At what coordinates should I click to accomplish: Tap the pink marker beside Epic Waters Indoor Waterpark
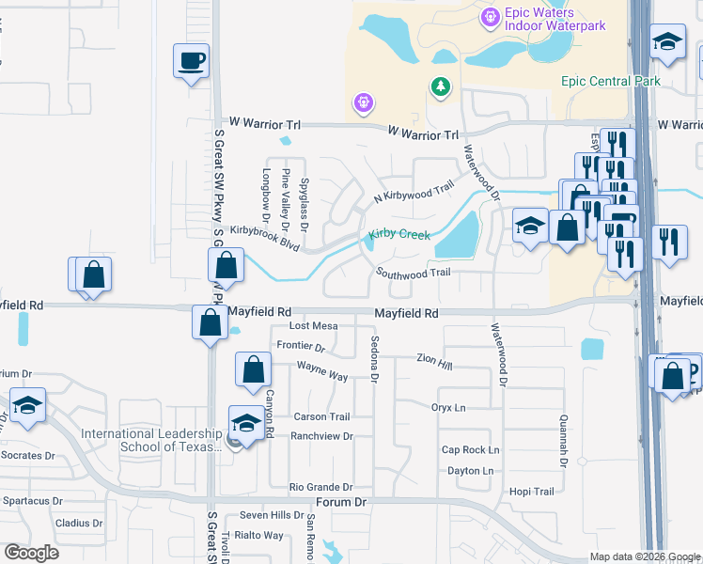coord(489,16)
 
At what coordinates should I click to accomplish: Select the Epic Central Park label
coord(611,81)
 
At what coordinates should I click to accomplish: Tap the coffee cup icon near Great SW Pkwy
coord(192,62)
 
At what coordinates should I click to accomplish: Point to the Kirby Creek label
coord(398,234)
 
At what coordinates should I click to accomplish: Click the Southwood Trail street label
coord(414,272)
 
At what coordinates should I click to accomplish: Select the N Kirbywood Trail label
coord(414,192)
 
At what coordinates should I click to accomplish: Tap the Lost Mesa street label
coord(313,325)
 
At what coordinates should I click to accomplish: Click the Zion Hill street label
coord(434,359)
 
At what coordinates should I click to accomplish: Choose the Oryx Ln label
coord(448,407)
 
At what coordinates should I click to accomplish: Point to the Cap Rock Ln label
coord(470,449)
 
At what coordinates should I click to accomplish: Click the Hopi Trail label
coord(531,492)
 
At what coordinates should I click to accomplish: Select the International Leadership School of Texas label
coord(154,440)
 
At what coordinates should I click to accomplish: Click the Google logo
coord(31,553)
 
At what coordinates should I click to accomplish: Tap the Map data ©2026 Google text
coord(644,556)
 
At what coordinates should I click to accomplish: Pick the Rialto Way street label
coord(260,535)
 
